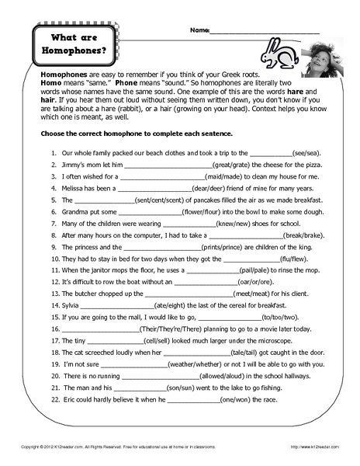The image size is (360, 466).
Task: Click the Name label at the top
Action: tap(199, 30)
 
